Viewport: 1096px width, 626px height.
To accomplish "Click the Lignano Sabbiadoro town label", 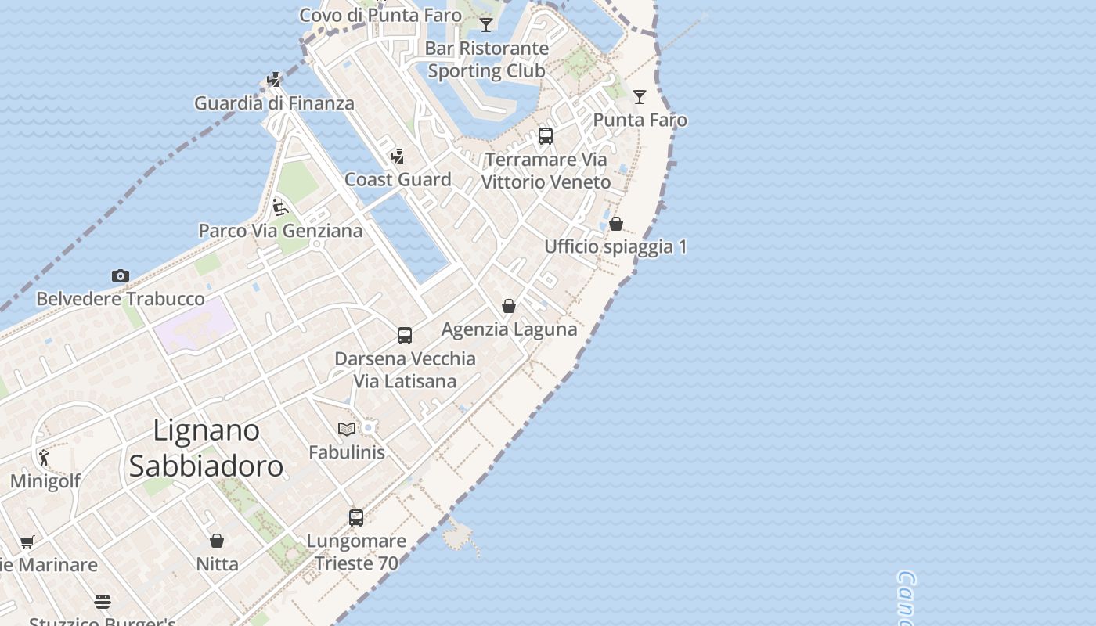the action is (x=206, y=448).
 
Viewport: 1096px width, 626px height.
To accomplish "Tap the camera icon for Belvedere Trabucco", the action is (x=120, y=275).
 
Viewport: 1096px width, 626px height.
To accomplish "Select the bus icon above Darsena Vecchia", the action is (x=404, y=336).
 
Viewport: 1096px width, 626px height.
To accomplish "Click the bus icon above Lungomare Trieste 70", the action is (x=356, y=517).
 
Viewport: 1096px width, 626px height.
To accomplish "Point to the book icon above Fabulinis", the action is (x=347, y=429).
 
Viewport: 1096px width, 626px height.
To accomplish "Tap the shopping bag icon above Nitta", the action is (x=217, y=541).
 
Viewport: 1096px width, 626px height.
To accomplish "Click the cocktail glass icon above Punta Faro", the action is (x=640, y=97).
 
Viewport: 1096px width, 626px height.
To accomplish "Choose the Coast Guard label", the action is (x=398, y=179).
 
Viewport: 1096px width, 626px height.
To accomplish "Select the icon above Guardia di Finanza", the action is (x=273, y=80).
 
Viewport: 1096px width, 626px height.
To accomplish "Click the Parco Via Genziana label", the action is (x=280, y=231).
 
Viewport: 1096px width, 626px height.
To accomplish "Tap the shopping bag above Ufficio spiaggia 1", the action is (x=616, y=224).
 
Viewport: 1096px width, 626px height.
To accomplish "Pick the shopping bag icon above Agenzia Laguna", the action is (x=509, y=306).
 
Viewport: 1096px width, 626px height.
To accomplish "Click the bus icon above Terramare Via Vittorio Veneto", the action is (x=546, y=136).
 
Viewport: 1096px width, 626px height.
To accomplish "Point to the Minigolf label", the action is (x=45, y=481).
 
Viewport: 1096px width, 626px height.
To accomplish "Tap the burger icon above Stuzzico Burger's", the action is (x=103, y=602).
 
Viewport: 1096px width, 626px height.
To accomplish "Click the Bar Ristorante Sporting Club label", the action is (x=486, y=59).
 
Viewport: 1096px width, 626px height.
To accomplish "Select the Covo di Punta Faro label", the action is (x=380, y=15).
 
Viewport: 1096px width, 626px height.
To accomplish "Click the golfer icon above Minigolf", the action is (x=44, y=458).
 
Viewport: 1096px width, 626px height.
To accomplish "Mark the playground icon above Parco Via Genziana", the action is (x=279, y=207).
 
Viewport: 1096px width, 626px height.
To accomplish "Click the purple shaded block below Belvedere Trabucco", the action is (x=194, y=326).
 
